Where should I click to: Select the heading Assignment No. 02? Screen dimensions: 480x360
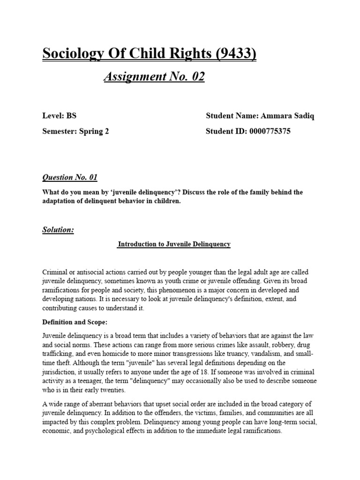154,76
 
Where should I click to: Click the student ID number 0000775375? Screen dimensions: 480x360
268,131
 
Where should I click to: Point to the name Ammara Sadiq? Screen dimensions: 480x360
286,116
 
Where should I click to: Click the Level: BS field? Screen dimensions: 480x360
59,116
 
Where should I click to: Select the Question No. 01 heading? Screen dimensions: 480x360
70,177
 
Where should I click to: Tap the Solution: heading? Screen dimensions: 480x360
58,230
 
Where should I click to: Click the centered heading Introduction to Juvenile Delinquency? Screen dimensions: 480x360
173,244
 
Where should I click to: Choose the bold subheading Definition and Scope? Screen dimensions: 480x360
74,322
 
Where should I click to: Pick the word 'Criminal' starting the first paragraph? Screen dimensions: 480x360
55,272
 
